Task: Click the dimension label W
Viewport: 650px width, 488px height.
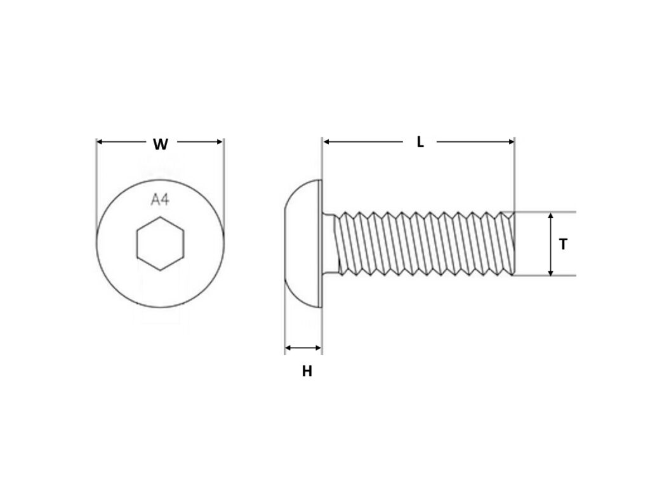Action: coord(161,144)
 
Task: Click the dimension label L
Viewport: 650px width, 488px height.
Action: coord(420,142)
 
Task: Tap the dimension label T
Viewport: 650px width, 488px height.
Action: coord(562,244)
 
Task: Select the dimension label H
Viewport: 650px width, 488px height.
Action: coord(307,372)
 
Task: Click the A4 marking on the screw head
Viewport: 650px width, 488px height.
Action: coord(160,200)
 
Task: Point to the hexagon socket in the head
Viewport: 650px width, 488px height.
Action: coord(160,243)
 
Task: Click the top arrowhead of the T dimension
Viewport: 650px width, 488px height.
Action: coord(550,216)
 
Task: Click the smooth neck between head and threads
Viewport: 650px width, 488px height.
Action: coord(331,244)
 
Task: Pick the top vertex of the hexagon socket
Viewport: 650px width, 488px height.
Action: coord(160,217)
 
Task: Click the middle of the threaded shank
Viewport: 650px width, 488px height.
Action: coord(422,244)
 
